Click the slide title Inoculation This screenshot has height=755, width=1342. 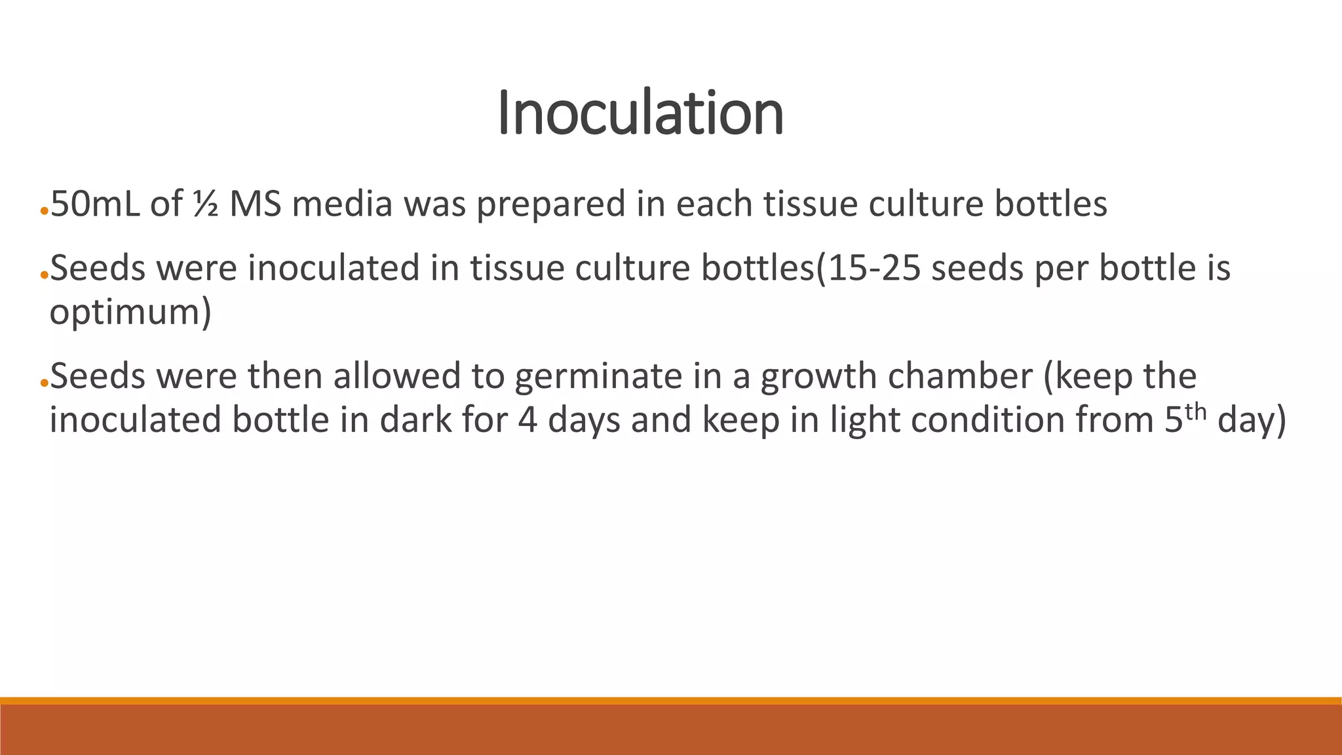click(x=640, y=113)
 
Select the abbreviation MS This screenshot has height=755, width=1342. click(x=256, y=204)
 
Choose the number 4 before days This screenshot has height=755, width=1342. click(x=527, y=420)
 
